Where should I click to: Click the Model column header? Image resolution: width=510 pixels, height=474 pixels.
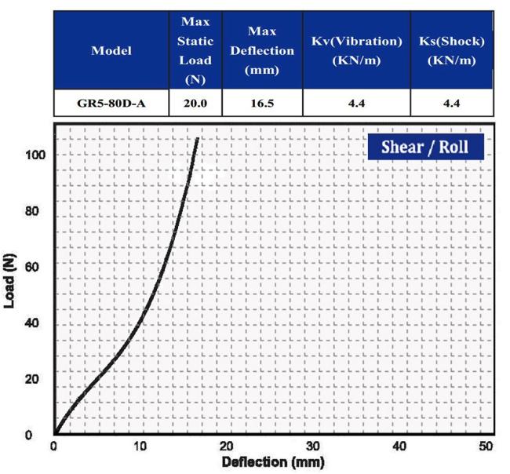pos(111,51)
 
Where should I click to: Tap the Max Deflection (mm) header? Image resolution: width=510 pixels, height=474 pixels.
pos(261,50)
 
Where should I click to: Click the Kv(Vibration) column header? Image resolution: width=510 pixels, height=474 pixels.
pos(356,50)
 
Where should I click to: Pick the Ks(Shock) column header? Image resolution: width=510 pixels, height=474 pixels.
pos(450,50)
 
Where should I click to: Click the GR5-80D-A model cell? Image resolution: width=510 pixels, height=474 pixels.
pos(111,103)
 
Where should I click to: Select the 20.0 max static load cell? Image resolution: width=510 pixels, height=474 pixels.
pos(195,103)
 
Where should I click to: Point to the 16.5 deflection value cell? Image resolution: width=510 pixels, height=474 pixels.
pos(261,103)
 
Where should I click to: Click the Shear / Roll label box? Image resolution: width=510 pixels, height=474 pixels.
pos(426,147)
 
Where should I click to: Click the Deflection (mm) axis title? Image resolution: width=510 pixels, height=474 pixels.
pos(272,461)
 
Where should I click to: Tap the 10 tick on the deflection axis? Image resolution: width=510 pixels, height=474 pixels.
pos(140,446)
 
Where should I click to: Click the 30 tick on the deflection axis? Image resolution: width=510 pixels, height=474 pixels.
pos(313,446)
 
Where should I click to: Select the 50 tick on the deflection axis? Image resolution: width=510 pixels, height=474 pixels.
pos(486,446)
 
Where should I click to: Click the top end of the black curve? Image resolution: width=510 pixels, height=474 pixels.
pos(197,139)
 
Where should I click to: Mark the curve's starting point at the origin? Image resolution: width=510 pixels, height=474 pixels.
pos(55,432)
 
